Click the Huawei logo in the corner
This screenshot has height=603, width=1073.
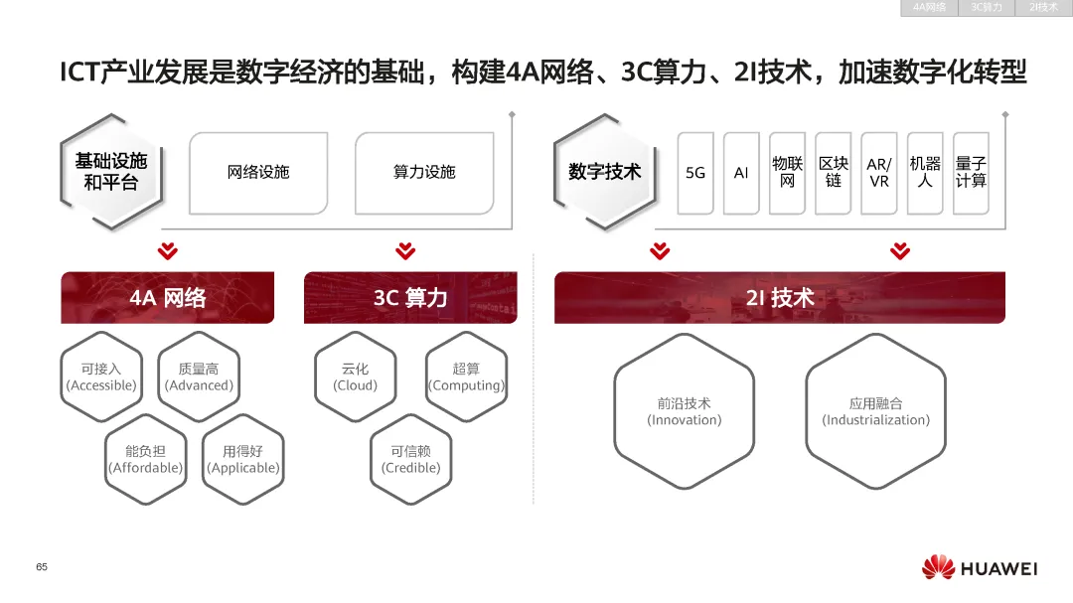click(979, 568)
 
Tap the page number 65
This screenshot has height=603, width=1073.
click(42, 567)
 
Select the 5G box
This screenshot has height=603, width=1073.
click(695, 173)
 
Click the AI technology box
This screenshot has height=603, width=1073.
click(741, 173)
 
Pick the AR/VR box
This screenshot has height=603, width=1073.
click(879, 173)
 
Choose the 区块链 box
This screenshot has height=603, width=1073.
click(834, 173)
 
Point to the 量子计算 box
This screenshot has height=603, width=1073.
click(971, 173)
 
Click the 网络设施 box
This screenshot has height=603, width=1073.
click(258, 173)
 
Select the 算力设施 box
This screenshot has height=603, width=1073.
click(424, 173)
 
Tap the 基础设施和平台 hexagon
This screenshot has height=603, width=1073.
click(110, 173)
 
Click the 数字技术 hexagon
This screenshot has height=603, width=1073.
click(604, 173)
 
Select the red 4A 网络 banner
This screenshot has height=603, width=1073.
click(167, 298)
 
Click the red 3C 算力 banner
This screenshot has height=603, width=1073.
click(410, 298)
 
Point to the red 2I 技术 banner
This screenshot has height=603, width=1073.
click(779, 298)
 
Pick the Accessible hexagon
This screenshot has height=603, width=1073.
click(101, 377)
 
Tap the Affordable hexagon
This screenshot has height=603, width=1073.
click(146, 459)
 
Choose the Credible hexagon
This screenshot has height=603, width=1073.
click(411, 459)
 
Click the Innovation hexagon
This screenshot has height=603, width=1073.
click(684, 411)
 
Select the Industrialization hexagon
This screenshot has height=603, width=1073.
click(875, 411)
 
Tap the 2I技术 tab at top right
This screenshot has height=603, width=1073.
click(1043, 8)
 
